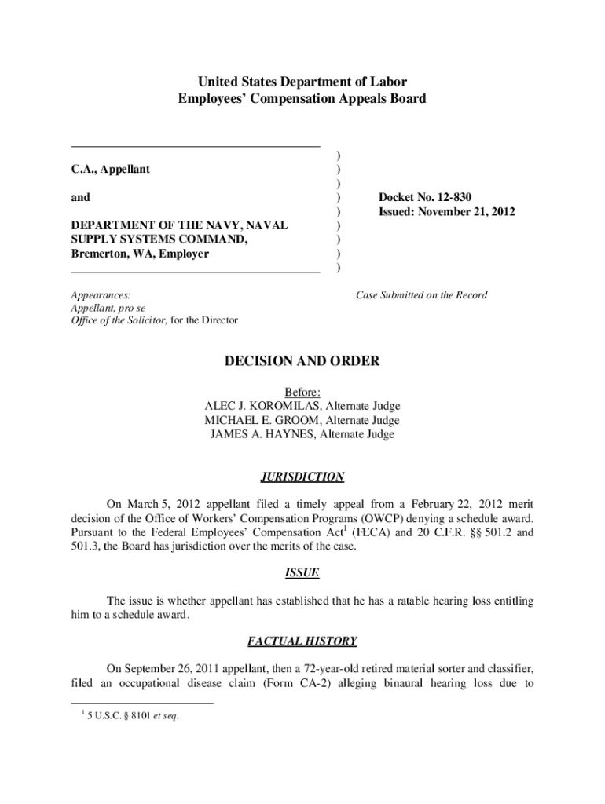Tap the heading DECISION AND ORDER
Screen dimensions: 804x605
click(x=302, y=361)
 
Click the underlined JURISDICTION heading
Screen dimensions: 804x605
click(x=302, y=477)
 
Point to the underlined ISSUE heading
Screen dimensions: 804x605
click(x=302, y=572)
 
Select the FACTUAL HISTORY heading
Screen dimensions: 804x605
click(x=302, y=641)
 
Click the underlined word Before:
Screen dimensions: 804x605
click(x=302, y=392)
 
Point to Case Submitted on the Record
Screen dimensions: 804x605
click(x=421, y=295)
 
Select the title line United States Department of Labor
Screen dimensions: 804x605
click(x=302, y=82)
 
